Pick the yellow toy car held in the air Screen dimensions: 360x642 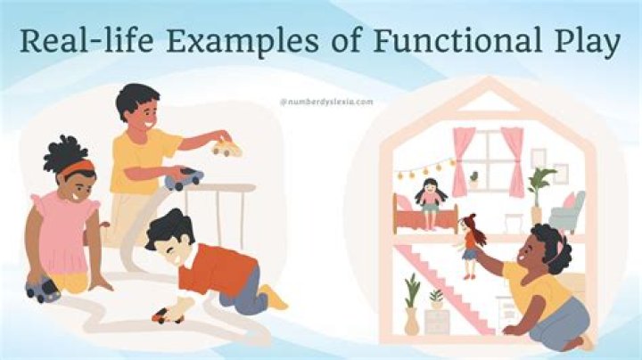click(226, 148)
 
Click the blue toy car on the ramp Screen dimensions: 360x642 click(184, 178)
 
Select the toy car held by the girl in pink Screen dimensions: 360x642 click(43, 290)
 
